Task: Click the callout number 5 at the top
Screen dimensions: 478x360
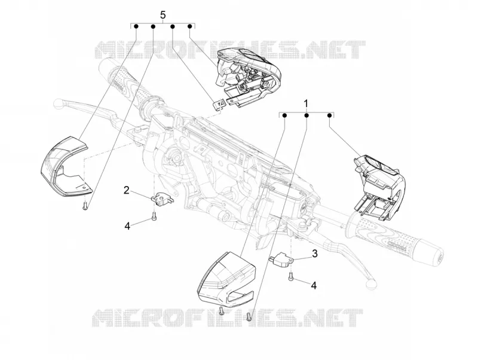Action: [163, 14]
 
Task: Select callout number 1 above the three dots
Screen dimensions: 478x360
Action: [306, 103]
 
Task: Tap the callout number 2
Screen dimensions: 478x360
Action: [127, 191]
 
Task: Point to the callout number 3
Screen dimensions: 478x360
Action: [315, 254]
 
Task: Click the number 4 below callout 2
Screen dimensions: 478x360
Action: [127, 226]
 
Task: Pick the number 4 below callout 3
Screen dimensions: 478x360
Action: [314, 285]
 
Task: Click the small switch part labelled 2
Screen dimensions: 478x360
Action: [162, 199]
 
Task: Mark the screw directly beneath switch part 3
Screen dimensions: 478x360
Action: [290, 276]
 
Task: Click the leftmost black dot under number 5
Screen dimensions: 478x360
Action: [136, 26]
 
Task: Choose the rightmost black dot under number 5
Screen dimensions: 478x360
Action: [189, 26]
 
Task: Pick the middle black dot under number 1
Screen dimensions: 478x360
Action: [307, 115]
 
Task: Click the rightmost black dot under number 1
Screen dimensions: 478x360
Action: [329, 115]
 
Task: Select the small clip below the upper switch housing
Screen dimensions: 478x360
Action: [219, 104]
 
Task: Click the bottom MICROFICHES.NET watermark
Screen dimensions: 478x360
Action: [227, 318]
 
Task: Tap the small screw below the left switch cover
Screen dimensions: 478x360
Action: [85, 206]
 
